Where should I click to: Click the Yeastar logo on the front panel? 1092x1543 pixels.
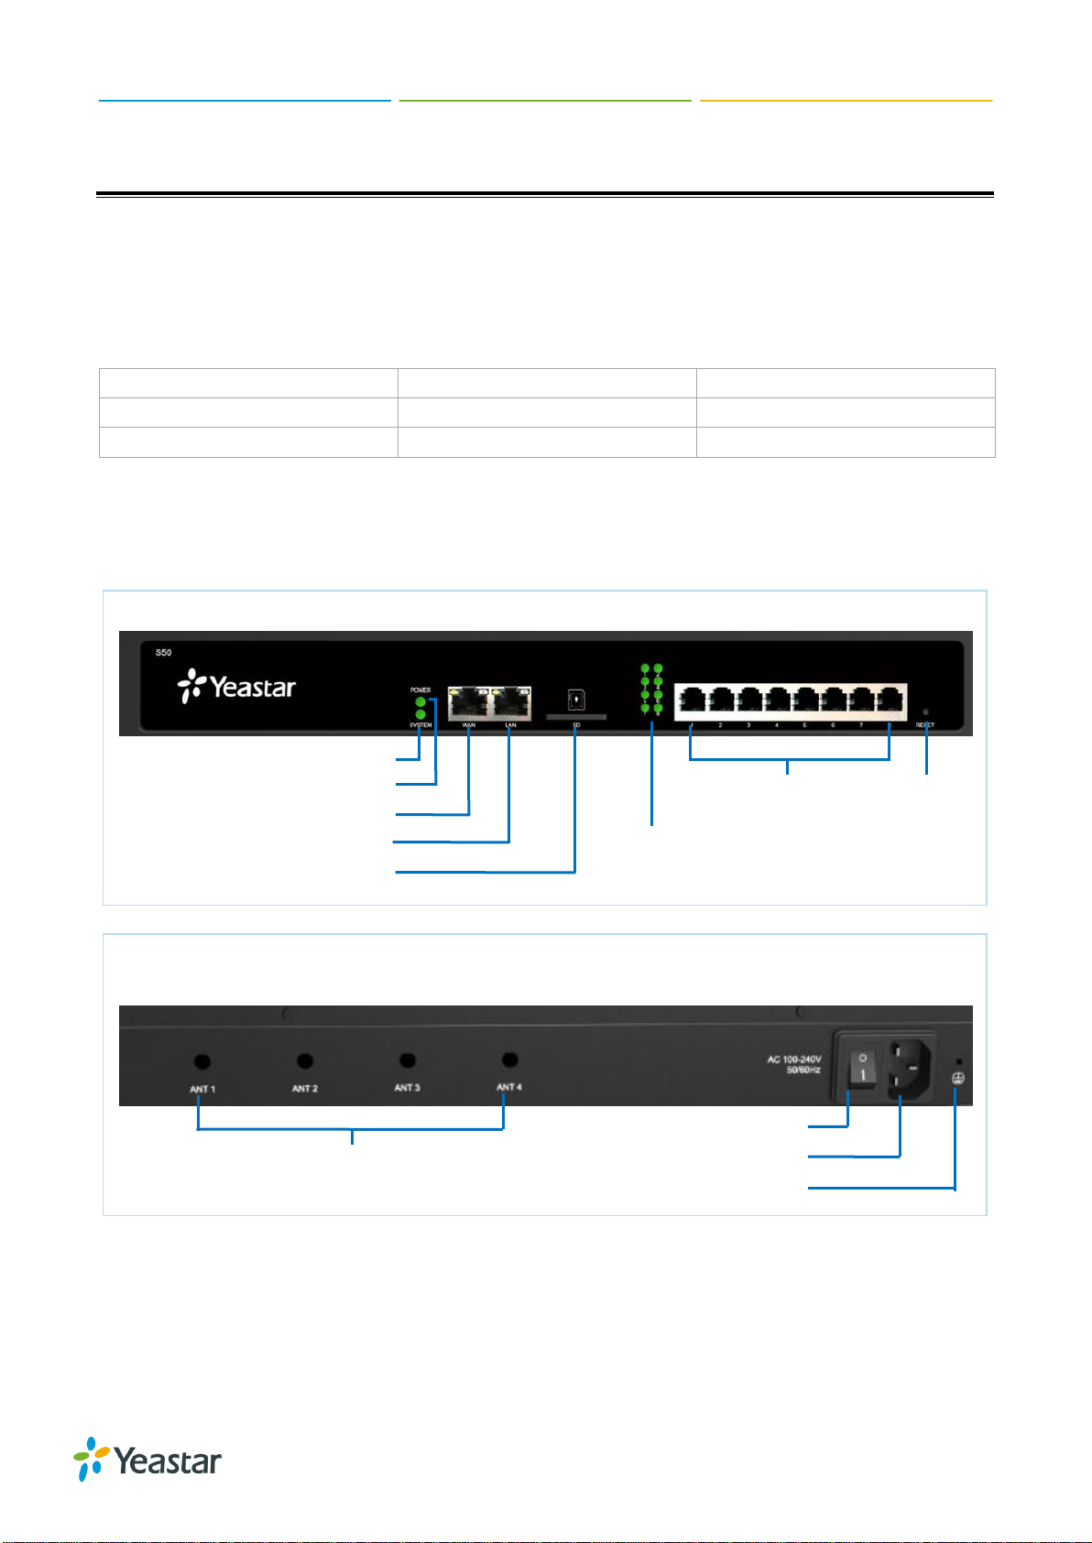(236, 687)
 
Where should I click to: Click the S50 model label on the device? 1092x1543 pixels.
(163, 653)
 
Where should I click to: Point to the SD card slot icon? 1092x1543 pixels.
(576, 701)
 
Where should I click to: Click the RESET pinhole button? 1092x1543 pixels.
(925, 712)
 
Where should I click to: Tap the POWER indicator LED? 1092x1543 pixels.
(420, 701)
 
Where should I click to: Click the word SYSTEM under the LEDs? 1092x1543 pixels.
(420, 725)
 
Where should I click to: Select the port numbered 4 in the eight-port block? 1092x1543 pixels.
(777, 701)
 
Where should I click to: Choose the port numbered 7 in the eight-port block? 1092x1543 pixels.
(862, 701)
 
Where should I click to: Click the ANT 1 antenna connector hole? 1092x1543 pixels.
(202, 1061)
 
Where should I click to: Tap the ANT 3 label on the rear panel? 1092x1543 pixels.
(407, 1088)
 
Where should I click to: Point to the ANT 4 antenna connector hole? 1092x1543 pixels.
(510, 1059)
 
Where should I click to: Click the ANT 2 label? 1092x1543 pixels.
(305, 1089)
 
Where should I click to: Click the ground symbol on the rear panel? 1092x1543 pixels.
(957, 1079)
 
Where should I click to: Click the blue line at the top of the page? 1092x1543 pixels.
(245, 100)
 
